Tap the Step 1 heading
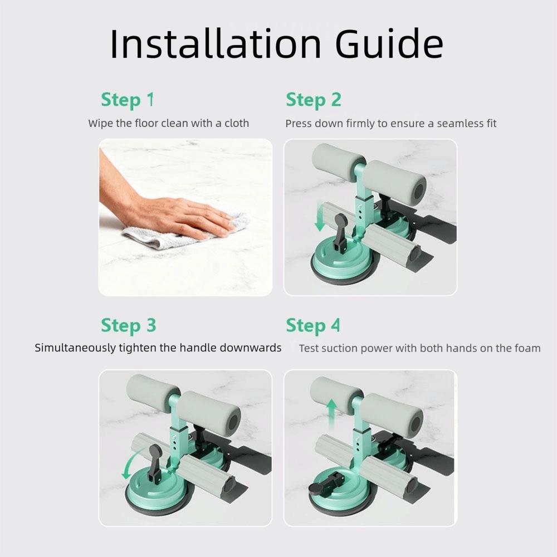[127, 100]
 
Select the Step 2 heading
[313, 100]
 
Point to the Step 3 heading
[128, 325]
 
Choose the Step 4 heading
[312, 325]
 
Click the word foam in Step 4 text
[526, 348]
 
